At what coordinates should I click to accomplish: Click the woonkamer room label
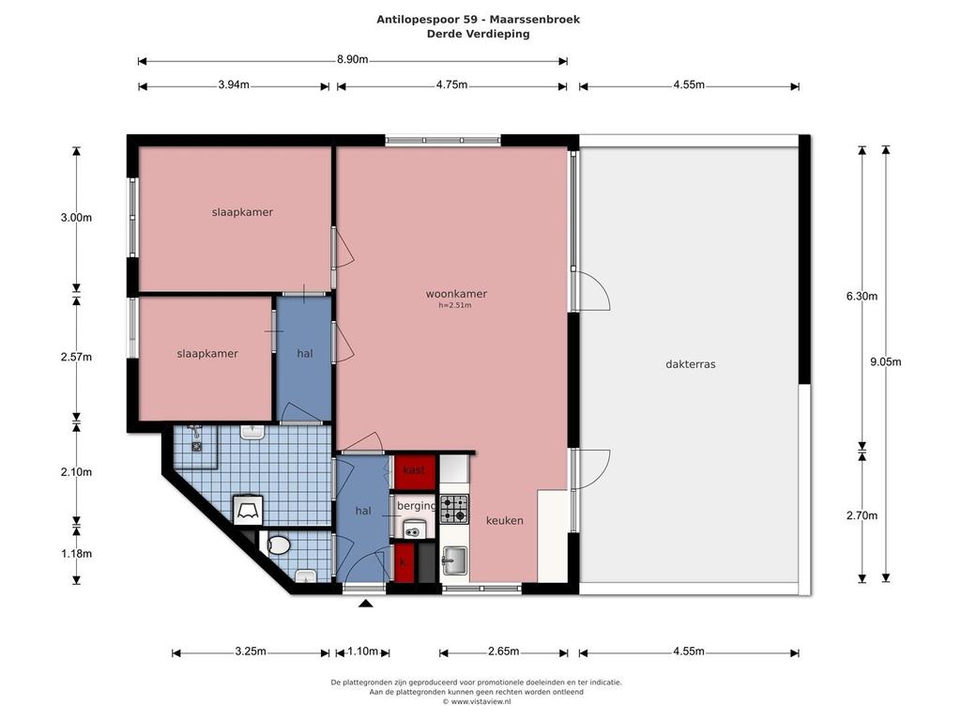click(457, 294)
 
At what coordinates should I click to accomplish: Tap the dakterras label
click(691, 363)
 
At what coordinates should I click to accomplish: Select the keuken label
click(504, 520)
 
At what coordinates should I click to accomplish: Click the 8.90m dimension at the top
click(353, 59)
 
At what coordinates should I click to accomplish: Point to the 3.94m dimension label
click(234, 85)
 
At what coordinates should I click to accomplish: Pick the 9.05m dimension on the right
click(886, 361)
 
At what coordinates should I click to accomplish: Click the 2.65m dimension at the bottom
click(504, 652)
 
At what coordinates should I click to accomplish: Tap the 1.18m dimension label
click(76, 554)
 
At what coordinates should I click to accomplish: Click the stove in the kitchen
click(454, 509)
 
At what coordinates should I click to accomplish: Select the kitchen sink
click(454, 560)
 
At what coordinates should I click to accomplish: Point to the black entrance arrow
click(366, 604)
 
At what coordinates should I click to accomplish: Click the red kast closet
click(415, 471)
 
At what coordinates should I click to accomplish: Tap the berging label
click(416, 506)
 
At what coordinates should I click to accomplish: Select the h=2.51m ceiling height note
click(455, 305)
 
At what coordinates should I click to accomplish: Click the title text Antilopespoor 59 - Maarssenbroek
click(478, 19)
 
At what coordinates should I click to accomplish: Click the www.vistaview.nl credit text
click(476, 702)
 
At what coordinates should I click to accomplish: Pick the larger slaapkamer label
click(242, 212)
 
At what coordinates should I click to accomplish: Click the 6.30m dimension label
click(862, 296)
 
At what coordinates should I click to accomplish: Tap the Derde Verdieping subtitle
click(478, 34)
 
